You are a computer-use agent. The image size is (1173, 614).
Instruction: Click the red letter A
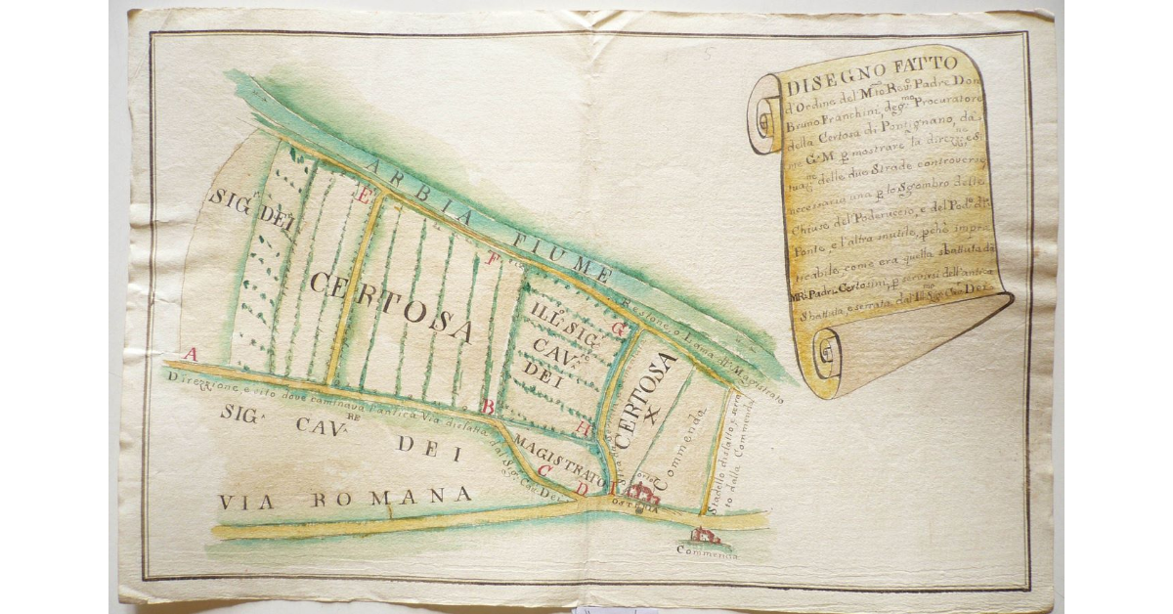pyautogui.click(x=192, y=354)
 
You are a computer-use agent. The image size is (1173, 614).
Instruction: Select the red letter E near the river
pyautogui.click(x=365, y=196)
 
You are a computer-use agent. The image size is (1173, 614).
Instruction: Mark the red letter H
pyautogui.click(x=584, y=428)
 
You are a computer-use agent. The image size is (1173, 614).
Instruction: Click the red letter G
pyautogui.click(x=618, y=329)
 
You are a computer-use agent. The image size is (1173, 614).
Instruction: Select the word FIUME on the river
pyautogui.click(x=559, y=256)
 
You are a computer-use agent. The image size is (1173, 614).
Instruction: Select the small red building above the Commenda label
pyautogui.click(x=705, y=536)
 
